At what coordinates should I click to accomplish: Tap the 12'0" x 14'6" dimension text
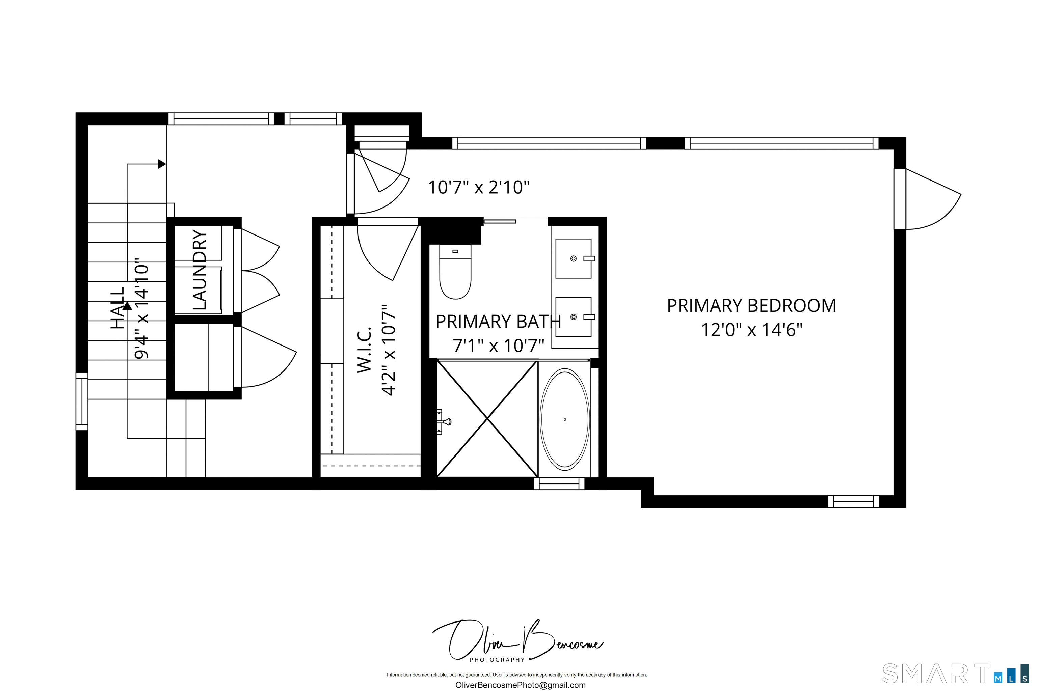(751, 330)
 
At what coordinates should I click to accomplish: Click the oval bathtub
(564, 419)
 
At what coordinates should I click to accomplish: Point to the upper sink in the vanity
(573, 259)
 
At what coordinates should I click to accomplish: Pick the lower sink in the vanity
(573, 317)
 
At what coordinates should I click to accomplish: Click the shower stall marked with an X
(487, 419)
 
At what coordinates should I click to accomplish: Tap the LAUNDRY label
(199, 270)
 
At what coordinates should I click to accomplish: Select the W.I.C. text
(364, 350)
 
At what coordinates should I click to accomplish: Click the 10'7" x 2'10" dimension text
(478, 187)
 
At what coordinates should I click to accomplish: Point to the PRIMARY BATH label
(498, 322)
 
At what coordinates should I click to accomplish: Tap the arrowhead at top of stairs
(161, 164)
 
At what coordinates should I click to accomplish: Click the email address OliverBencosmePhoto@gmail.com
(520, 685)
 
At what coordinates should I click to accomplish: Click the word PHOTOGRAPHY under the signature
(497, 660)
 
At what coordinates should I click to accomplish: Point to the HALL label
(117, 308)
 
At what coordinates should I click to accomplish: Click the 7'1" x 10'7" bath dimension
(498, 346)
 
